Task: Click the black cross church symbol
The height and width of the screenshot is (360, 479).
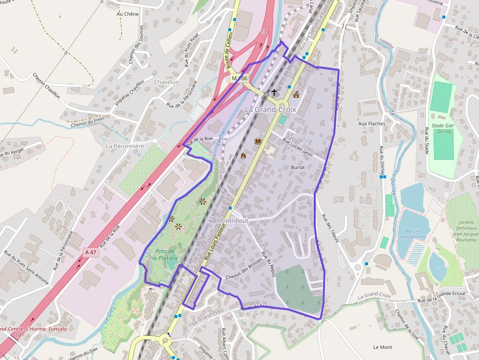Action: pyautogui.click(x=274, y=92)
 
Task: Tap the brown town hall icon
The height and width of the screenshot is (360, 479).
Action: pyautogui.click(x=296, y=94)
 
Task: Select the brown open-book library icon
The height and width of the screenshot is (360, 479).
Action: pyautogui.click(x=258, y=141)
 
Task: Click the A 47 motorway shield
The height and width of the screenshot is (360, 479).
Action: pyautogui.click(x=91, y=253)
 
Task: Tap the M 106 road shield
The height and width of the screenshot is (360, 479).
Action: pyautogui.click(x=240, y=78)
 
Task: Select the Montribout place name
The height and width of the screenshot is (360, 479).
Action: pyautogui.click(x=232, y=221)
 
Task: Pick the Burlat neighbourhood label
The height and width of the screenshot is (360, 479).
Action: pyautogui.click(x=297, y=168)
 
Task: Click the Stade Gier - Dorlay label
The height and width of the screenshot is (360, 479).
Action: pyautogui.click(x=443, y=128)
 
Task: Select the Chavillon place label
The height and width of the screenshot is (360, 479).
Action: pyautogui.click(x=167, y=82)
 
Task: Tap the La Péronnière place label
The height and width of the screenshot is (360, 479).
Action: pyautogui.click(x=125, y=146)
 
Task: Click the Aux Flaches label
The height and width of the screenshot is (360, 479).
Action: pyautogui.click(x=371, y=124)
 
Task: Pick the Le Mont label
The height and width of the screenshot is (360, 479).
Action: pyautogui.click(x=382, y=347)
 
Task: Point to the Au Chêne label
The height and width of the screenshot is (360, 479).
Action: pyautogui.click(x=128, y=14)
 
